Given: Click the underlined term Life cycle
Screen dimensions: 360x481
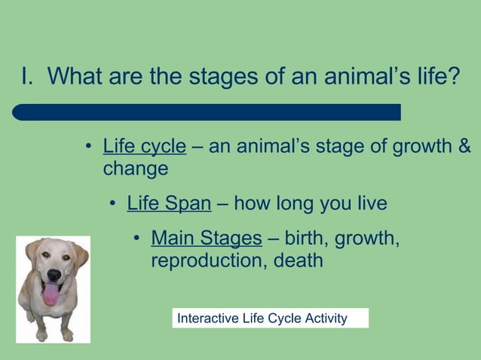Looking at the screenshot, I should tap(144, 145).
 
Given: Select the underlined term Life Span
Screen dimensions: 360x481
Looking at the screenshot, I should tap(169, 203).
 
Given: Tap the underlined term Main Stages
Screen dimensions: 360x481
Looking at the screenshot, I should tap(206, 239).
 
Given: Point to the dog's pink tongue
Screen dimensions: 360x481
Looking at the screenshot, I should tap(51, 293).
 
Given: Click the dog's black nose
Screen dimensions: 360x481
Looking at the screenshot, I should tap(54, 275).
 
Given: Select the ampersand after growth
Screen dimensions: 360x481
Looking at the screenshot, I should tap(464, 145).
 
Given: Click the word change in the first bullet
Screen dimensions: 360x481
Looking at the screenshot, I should tap(136, 168).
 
